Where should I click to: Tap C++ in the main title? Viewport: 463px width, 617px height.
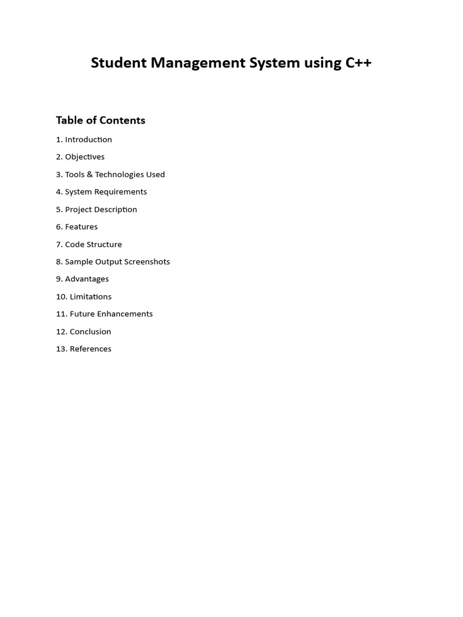[x=358, y=63]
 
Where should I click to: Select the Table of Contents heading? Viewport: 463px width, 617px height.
[x=101, y=120]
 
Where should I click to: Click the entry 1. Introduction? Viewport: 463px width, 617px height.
[x=84, y=139]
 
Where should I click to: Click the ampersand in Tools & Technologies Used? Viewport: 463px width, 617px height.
[x=90, y=174]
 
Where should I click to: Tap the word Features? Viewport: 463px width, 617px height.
[x=81, y=227]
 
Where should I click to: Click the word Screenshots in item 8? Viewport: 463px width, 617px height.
[x=148, y=262]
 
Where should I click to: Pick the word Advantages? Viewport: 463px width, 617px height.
[x=87, y=279]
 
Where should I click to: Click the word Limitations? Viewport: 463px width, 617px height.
[x=90, y=296]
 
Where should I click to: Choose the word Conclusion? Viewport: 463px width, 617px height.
[x=90, y=331]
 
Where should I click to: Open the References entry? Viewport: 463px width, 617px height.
[x=90, y=349]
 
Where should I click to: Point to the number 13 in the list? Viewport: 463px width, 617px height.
[x=61, y=349]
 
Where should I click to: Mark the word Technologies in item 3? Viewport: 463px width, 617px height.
[x=119, y=174]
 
